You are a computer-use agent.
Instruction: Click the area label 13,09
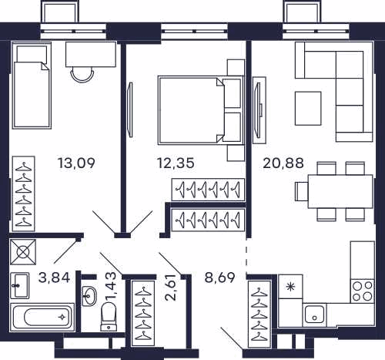point(76,163)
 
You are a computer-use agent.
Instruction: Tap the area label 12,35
point(176,163)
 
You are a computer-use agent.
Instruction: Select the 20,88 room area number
point(283,163)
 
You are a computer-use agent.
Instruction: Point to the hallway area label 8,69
point(219,278)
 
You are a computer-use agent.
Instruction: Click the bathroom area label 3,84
point(54,278)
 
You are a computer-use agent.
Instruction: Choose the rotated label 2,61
point(170,288)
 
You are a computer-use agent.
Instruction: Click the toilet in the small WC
point(108,317)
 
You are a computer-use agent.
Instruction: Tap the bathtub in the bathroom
point(42,317)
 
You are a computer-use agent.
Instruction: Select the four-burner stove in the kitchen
point(362,291)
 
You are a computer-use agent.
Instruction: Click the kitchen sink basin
point(314,315)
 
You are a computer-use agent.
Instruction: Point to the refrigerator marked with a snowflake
point(290,287)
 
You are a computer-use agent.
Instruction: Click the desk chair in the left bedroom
point(82,75)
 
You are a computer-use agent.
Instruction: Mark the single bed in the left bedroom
point(32,86)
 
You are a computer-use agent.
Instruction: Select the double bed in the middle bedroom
point(201,109)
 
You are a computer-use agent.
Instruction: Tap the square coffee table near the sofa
point(308,109)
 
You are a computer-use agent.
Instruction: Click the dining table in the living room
point(340,191)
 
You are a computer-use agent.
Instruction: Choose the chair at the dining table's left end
point(302,191)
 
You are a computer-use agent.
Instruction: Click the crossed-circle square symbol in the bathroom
point(23,252)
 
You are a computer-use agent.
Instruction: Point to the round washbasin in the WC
point(89,296)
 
